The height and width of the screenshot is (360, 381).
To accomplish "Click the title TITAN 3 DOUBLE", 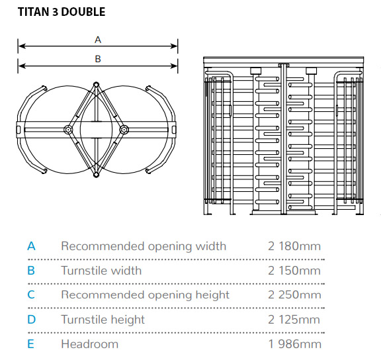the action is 62,12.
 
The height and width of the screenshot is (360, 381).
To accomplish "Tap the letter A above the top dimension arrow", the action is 98,40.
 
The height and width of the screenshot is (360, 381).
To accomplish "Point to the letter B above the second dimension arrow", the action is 98,59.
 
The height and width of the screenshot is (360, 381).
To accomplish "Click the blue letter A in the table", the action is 31,246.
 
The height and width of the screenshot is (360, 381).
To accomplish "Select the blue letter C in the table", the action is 31,294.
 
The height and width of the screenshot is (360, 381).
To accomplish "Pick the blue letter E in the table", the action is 30,344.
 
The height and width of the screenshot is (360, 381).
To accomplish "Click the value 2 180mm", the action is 294,246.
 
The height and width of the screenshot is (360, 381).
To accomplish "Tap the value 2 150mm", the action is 294,271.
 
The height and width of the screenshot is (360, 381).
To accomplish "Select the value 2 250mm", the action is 294,294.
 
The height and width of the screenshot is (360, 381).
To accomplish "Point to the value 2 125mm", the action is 294,320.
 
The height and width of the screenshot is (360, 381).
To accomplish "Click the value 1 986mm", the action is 295,344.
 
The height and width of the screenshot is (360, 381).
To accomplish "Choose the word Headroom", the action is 90,344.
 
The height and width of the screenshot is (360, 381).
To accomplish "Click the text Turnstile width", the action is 101,271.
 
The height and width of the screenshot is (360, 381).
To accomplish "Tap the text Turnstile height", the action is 103,320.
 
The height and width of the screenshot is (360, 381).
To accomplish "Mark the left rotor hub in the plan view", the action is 68,130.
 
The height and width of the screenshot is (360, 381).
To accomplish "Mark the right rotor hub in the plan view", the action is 124,130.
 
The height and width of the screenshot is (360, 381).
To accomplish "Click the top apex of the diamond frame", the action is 96,84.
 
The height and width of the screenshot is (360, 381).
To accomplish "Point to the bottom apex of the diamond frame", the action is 96,175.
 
